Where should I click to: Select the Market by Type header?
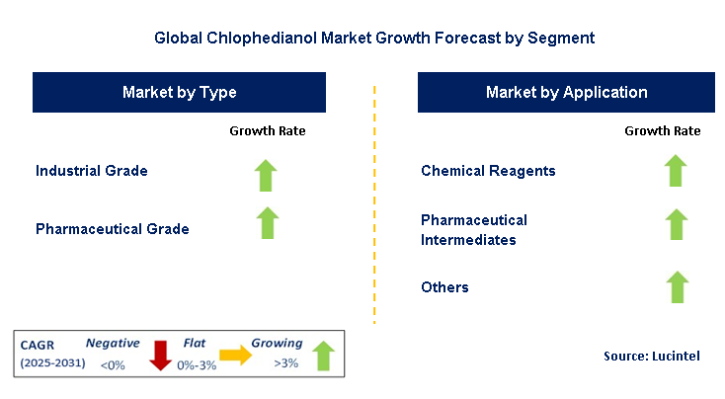tap(179, 93)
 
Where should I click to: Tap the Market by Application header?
tap(566, 93)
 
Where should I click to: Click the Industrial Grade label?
tap(92, 171)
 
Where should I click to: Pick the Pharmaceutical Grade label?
tap(113, 229)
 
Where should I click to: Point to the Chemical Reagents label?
tap(488, 171)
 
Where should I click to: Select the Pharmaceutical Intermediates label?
tap(474, 229)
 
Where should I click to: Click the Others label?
tap(444, 287)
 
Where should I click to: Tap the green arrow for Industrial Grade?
tap(267, 174)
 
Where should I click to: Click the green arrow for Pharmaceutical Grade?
tap(267, 222)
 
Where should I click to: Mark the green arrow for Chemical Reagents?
tap(676, 170)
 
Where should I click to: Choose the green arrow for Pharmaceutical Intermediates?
tap(676, 224)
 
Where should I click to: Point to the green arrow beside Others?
tap(676, 286)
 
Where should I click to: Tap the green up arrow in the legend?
tap(323, 356)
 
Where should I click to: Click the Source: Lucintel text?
tap(651, 356)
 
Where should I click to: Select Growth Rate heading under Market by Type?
tap(267, 130)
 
